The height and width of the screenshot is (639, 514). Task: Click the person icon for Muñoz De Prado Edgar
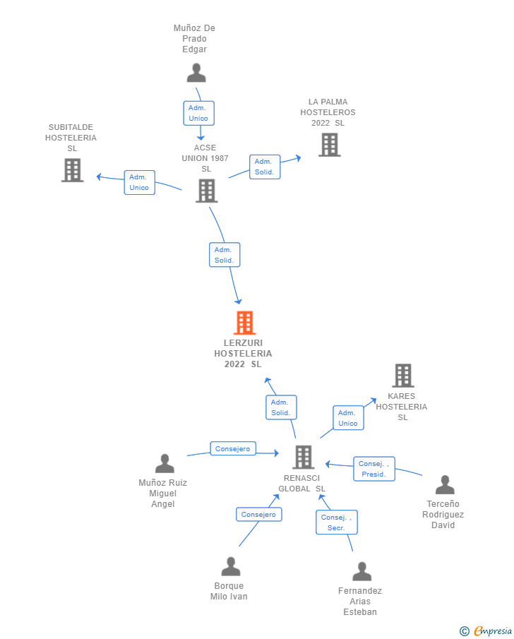point(196,73)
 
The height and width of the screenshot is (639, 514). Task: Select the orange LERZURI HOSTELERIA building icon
point(244,323)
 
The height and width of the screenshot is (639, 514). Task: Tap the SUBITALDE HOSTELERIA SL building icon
point(73,170)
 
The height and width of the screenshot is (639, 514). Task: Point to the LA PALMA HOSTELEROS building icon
point(329,145)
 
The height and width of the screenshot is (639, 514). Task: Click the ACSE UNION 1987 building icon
point(207,191)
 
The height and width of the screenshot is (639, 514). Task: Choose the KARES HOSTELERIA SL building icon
point(403,376)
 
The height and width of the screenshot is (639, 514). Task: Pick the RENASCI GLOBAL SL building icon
point(304,457)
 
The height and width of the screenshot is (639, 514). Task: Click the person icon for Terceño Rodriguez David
point(445,484)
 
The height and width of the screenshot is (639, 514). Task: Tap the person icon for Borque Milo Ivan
point(231,566)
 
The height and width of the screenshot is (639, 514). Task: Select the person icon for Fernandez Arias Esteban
point(362,571)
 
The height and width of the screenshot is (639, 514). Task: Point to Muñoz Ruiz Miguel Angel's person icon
point(165,463)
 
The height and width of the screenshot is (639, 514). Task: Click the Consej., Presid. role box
point(374,469)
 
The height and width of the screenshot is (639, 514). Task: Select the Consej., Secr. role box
point(337,522)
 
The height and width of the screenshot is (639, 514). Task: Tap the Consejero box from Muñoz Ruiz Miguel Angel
point(233,448)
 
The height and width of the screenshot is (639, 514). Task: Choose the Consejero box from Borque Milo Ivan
point(259,514)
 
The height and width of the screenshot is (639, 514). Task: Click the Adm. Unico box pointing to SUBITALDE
point(139,183)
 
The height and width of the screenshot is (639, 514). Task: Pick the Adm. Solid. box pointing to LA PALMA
point(265,167)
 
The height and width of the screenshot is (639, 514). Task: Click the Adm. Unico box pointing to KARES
point(349,418)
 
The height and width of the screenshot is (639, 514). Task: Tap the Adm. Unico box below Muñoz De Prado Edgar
point(198,113)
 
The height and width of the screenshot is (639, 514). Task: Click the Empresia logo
point(486,631)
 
